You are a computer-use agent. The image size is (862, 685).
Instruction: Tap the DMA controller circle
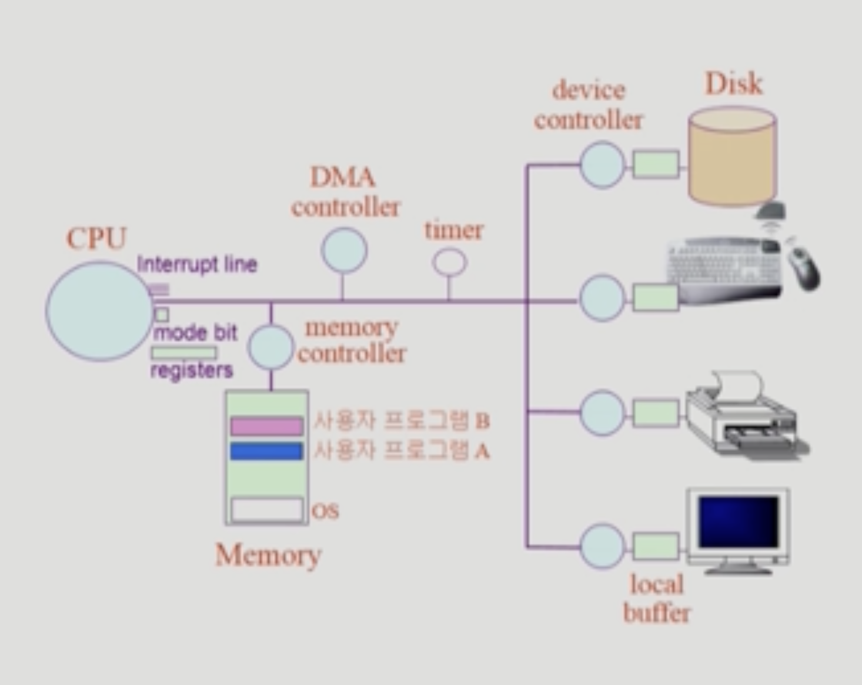(344, 250)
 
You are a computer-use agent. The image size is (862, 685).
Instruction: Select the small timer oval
(450, 262)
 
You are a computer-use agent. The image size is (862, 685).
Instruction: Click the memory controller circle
(270, 347)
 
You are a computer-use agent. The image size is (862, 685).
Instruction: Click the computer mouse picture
(803, 268)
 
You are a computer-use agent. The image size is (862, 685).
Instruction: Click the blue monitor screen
(739, 521)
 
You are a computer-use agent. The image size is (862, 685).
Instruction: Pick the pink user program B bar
(266, 425)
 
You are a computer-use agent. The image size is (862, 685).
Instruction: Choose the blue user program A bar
(266, 451)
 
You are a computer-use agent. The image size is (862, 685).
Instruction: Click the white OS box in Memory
(266, 510)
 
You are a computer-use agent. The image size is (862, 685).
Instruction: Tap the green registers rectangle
(184, 353)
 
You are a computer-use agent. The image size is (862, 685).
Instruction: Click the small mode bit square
(162, 314)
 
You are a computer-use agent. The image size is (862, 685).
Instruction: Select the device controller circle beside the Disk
(602, 165)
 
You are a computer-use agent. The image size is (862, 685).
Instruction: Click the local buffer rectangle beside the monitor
(656, 547)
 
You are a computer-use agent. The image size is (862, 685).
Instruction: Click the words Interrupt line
(197, 264)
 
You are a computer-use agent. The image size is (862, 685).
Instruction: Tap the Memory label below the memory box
(268, 555)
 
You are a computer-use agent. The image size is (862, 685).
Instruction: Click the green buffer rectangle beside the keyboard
(656, 297)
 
